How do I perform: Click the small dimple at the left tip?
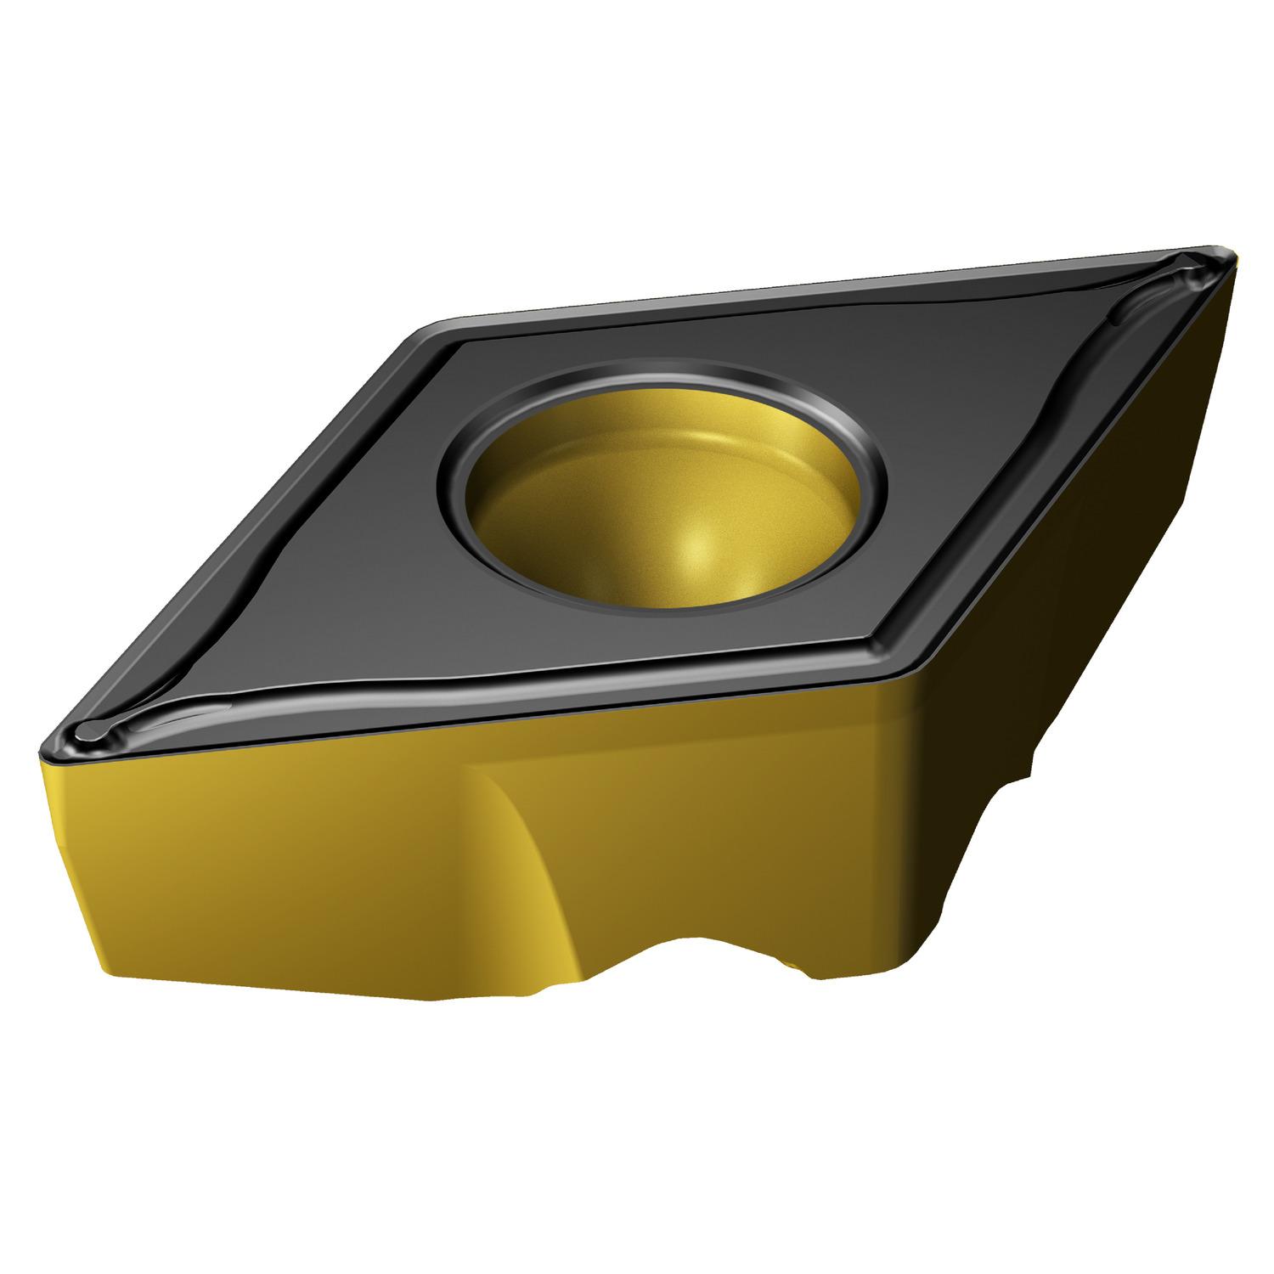[x=89, y=730]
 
